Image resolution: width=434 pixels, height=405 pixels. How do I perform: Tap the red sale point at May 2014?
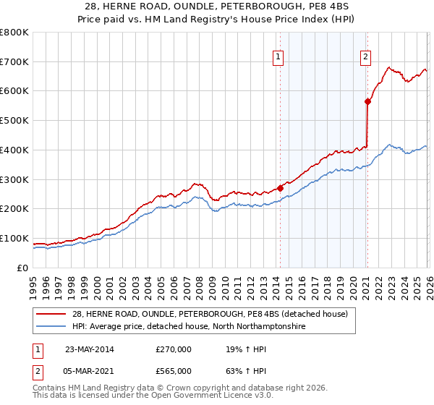point(280,187)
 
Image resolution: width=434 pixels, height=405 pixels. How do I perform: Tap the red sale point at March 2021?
point(367,101)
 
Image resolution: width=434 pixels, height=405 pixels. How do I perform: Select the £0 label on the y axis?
point(22,268)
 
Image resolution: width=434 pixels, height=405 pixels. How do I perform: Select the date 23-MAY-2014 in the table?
point(90,349)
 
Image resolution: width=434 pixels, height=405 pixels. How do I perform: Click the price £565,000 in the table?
point(174,371)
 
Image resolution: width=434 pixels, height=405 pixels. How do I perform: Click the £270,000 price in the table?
point(174,349)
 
